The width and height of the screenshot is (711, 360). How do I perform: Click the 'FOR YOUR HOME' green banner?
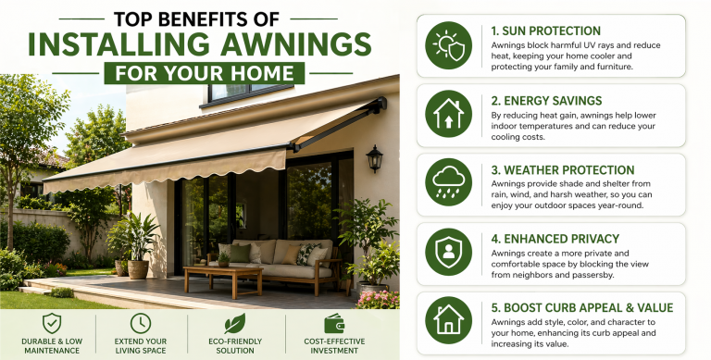[201, 72]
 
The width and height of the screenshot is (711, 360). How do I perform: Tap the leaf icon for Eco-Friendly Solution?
[235, 322]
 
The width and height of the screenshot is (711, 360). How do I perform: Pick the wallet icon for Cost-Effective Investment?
[334, 322]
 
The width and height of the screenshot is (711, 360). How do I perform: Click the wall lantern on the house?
[374, 157]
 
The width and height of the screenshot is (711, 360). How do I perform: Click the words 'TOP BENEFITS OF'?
[201, 17]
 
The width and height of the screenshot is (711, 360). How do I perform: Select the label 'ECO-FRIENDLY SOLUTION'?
[236, 346]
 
